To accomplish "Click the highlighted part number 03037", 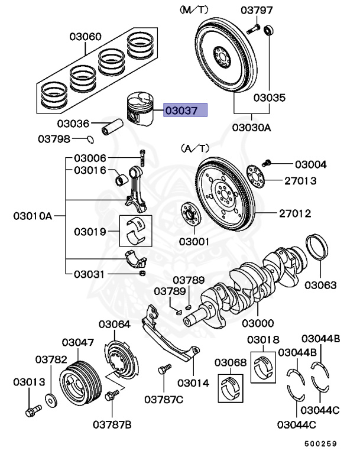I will click(186, 110).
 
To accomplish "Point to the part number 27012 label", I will click(296, 213).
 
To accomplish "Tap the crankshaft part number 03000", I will click(258, 323).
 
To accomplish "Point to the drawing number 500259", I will click(320, 442).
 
